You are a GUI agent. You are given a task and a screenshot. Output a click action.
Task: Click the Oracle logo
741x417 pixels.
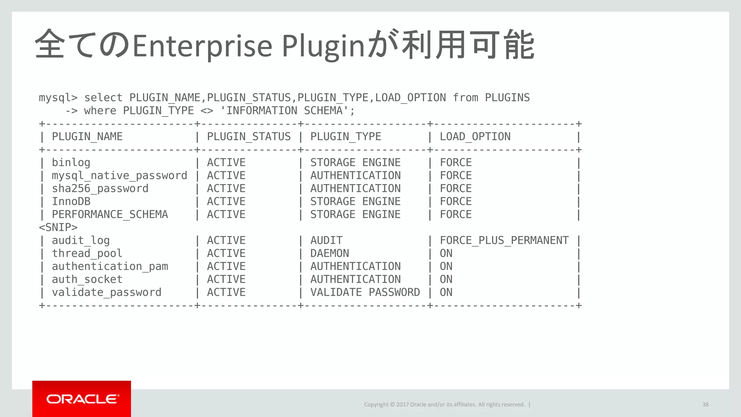click(82, 399)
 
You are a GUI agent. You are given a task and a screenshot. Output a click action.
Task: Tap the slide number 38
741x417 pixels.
click(705, 404)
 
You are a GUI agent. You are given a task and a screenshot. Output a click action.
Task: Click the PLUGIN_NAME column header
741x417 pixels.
click(87, 137)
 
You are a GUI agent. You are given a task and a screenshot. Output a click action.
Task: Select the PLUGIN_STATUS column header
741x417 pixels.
click(249, 137)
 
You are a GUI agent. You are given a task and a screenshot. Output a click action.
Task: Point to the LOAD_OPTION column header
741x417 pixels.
click(475, 137)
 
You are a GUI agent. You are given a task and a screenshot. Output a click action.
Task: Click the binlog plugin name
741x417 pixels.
click(71, 163)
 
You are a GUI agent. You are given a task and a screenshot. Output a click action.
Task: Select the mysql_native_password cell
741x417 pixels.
click(119, 176)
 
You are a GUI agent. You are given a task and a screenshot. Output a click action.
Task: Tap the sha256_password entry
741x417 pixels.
click(100, 189)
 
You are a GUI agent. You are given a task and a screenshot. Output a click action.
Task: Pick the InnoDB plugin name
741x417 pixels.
click(71, 202)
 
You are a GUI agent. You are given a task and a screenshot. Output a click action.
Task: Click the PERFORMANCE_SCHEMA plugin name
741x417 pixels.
click(110, 215)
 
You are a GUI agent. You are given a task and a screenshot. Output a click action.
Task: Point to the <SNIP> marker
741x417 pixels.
click(58, 228)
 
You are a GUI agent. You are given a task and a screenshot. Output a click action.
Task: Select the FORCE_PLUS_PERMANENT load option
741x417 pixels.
click(504, 240)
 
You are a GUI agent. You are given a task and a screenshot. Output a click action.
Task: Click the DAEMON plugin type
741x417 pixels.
click(330, 253)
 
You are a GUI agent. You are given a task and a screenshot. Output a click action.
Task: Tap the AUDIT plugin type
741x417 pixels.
click(326, 240)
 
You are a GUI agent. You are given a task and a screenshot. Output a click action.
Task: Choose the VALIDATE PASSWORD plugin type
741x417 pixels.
click(365, 292)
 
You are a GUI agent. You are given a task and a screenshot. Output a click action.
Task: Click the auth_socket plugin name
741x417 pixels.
click(87, 279)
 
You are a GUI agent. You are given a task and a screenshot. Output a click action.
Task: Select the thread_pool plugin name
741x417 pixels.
click(87, 253)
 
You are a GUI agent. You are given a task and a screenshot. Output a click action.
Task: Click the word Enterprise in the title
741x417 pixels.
click(202, 46)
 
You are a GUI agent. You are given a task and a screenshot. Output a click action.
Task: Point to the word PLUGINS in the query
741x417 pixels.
click(507, 98)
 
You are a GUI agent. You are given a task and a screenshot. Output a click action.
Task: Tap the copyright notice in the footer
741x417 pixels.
click(444, 404)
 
